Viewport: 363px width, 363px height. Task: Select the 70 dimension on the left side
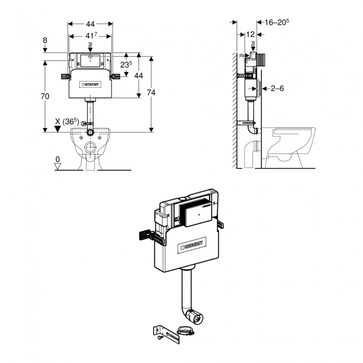point(45,96)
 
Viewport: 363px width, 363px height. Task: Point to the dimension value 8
point(45,40)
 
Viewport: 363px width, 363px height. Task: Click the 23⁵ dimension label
point(127,64)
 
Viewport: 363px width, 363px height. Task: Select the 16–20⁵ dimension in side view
point(277,22)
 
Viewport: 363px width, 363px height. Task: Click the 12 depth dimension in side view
point(250,35)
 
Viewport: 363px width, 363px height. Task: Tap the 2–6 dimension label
point(277,88)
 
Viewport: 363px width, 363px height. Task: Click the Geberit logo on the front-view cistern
point(90,85)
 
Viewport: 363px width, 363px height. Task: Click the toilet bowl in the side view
point(290,144)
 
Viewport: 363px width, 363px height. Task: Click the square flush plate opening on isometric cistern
point(197,214)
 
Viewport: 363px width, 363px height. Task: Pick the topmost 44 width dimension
point(90,24)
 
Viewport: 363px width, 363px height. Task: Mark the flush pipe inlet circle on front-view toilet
point(90,133)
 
